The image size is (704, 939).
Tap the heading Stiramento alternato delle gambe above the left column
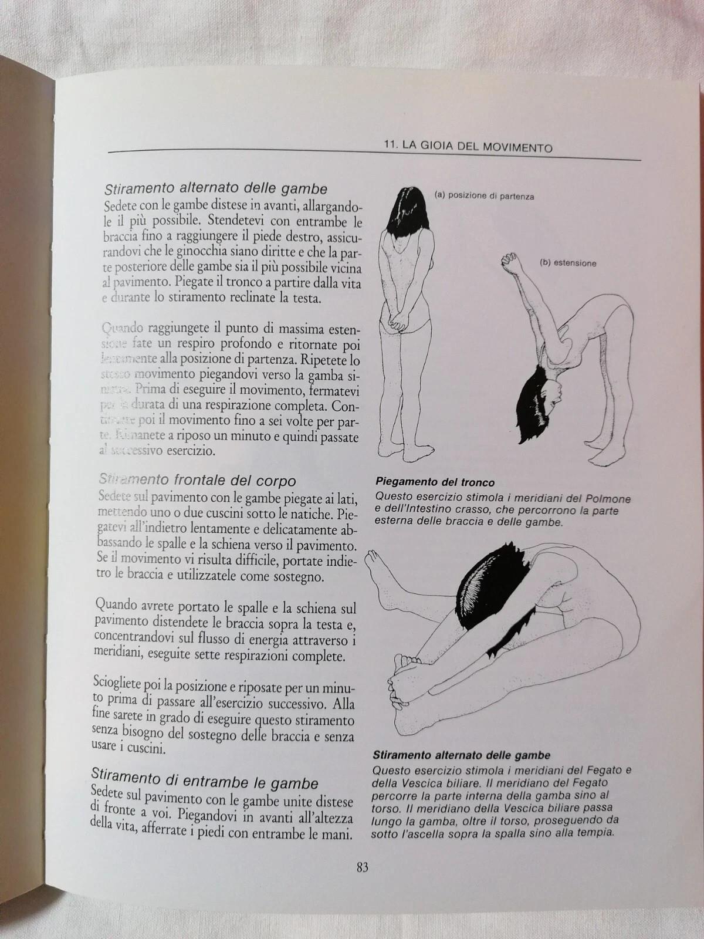(215, 189)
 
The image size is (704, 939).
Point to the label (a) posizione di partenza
(484, 196)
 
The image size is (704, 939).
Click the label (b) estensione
(567, 263)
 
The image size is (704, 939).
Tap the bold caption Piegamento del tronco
(435, 482)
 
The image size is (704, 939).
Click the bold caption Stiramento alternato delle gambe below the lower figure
(461, 755)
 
